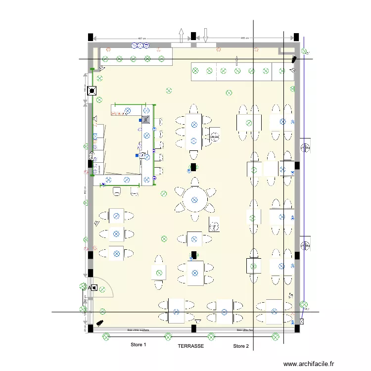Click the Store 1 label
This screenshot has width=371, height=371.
pos(138,345)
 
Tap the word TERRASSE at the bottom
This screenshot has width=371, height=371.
pos(190,346)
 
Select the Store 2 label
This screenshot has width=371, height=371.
pos(241,346)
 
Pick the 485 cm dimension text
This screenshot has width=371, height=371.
pos(244,38)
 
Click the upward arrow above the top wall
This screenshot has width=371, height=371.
pos(181,35)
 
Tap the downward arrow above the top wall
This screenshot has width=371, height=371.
pos(206,35)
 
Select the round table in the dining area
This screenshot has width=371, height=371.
pos(194,200)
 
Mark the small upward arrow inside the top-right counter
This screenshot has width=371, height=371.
pos(237,60)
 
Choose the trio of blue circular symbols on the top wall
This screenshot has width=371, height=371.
pos(140,46)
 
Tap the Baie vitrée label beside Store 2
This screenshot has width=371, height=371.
pos(245,330)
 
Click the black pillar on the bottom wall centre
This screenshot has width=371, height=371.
pos(194,328)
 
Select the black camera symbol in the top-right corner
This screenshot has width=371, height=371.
pos(294,59)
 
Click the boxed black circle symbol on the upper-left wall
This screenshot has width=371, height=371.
pos(92,91)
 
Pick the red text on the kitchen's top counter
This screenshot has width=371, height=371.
pos(118,113)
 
